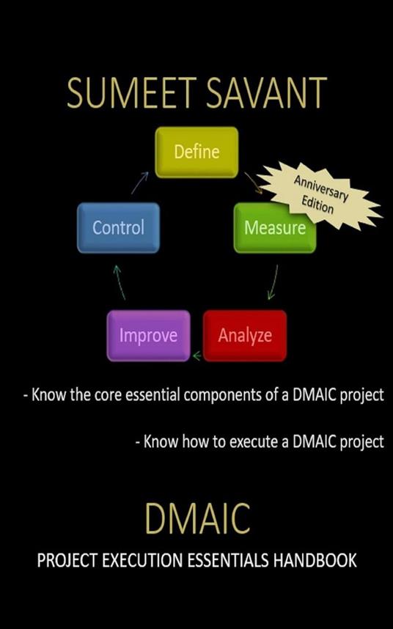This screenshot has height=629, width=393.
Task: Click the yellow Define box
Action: point(196,152)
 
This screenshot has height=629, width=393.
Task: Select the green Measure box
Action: point(275,228)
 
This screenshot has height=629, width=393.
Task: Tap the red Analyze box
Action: point(245,335)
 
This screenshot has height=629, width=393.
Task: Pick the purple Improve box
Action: point(148,335)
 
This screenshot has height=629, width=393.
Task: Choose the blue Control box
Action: point(118,228)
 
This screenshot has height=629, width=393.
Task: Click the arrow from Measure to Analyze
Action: point(273,282)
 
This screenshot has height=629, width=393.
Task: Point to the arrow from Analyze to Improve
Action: point(197,355)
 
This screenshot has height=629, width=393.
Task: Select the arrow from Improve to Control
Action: point(119,282)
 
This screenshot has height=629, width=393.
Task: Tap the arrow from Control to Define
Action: point(139,183)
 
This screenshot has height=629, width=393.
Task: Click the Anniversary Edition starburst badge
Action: point(319,195)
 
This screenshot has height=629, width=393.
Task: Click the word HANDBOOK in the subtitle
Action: point(315,560)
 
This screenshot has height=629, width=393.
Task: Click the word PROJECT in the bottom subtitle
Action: point(67,560)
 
